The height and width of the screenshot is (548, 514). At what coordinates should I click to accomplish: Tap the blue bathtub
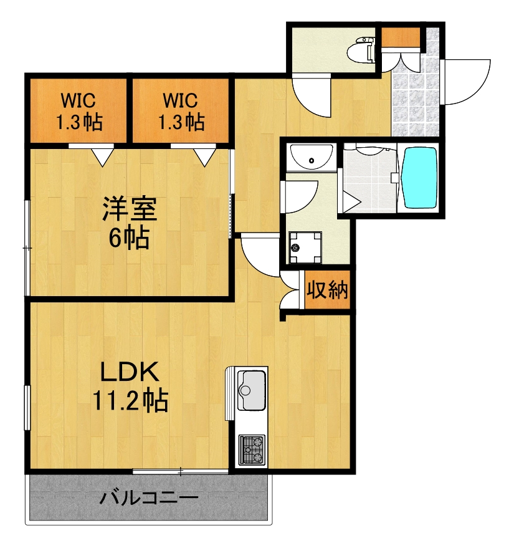(421, 177)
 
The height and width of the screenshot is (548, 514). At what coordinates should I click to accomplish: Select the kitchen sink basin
(251, 391)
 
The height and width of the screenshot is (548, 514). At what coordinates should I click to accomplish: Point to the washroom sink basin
(312, 158)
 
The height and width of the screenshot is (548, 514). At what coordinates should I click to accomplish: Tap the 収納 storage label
(326, 290)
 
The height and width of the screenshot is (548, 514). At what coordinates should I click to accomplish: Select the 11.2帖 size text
(131, 400)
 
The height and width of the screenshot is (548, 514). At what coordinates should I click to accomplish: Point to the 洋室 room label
(130, 208)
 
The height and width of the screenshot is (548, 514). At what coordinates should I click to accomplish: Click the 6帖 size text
(130, 237)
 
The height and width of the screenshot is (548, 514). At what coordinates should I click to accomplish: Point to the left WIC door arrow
(102, 156)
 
